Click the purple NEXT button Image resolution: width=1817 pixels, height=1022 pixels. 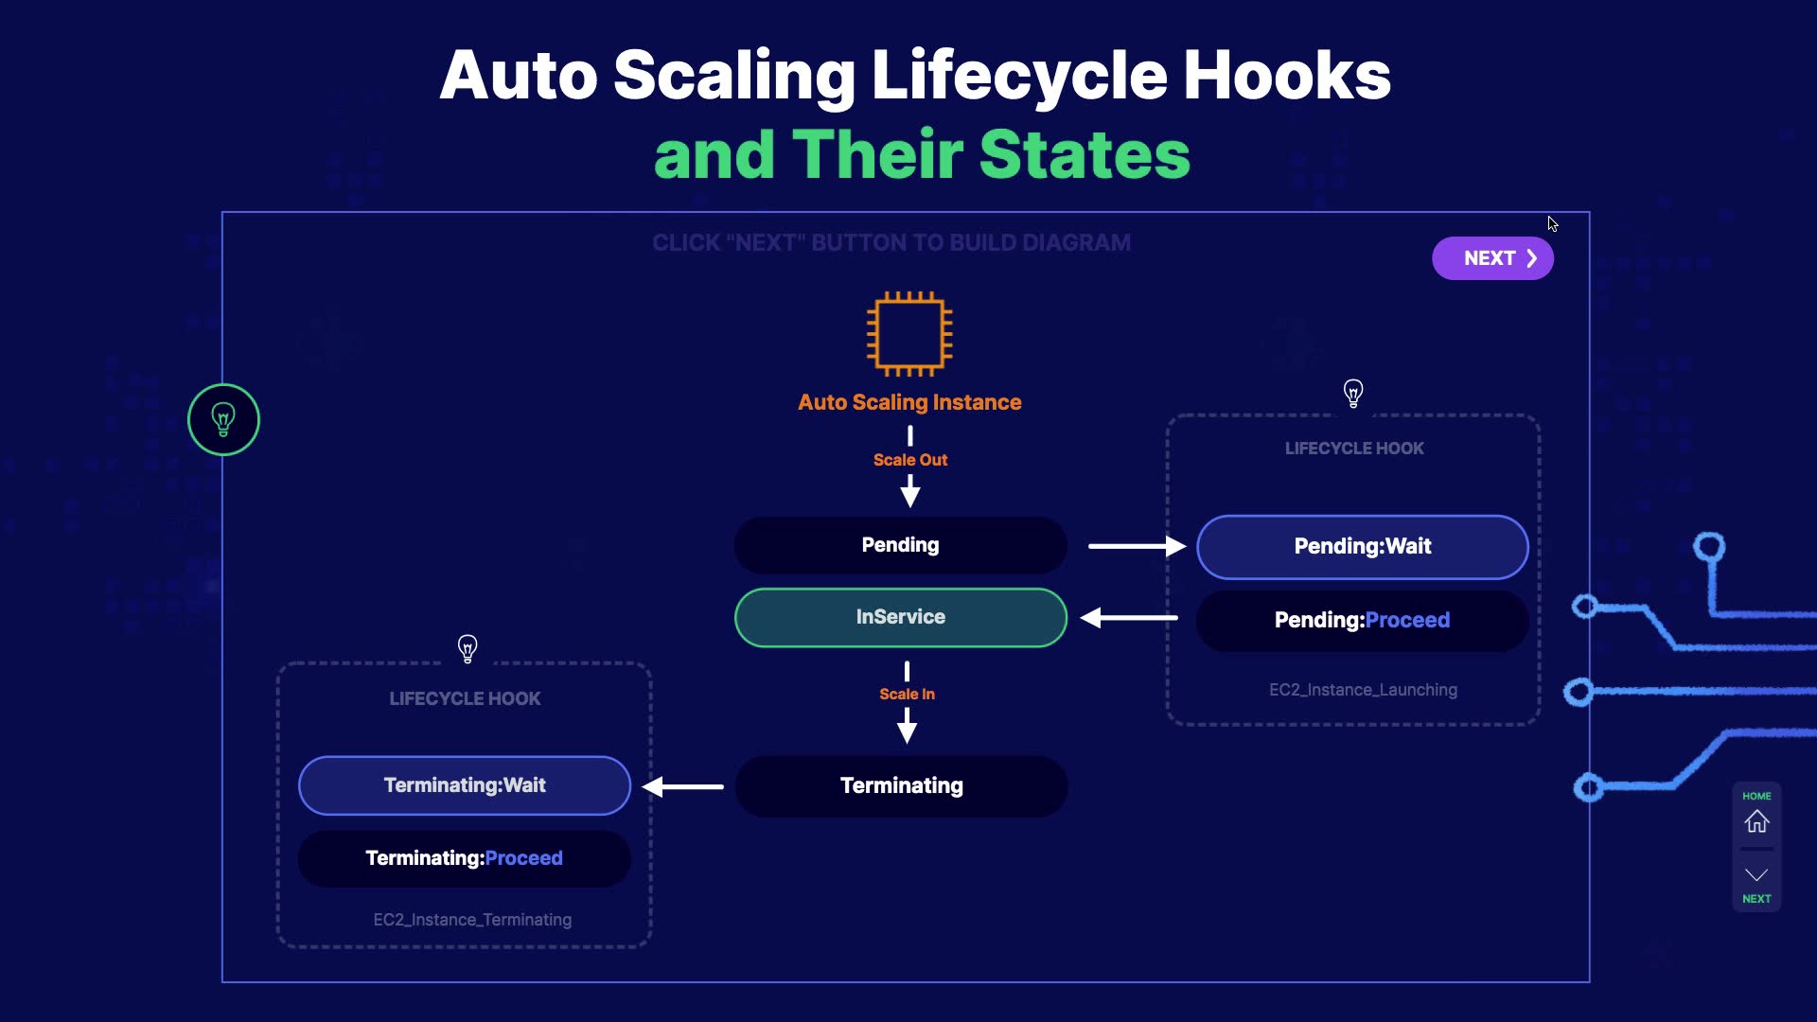[1492, 258]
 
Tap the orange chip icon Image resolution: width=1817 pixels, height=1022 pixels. [909, 333]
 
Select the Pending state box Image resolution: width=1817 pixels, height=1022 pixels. [900, 545]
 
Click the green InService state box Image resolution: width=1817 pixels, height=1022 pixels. [900, 617]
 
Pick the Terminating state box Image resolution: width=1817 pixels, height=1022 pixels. [901, 785]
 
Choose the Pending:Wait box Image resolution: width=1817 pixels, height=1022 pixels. [1362, 546]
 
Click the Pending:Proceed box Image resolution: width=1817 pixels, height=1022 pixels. [1362, 620]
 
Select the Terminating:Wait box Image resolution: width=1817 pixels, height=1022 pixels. [465, 785]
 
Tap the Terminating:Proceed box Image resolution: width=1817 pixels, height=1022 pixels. [465, 858]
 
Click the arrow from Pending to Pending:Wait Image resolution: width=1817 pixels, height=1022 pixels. [1136, 546]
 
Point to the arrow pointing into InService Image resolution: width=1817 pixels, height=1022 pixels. [1129, 618]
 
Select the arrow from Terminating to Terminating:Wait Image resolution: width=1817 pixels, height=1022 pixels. [682, 786]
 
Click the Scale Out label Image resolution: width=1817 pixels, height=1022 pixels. [909, 460]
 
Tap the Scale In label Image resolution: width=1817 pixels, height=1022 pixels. [907, 694]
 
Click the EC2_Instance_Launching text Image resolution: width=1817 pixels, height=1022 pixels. [1363, 690]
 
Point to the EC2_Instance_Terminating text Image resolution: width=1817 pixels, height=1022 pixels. [472, 920]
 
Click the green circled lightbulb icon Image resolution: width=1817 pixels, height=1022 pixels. [223, 419]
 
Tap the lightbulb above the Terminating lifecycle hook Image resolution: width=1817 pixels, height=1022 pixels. [467, 648]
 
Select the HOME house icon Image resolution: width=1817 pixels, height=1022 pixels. [1756, 820]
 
